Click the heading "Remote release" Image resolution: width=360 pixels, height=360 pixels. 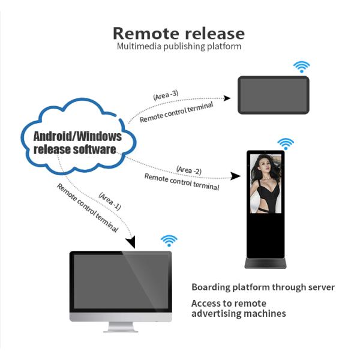(179, 32)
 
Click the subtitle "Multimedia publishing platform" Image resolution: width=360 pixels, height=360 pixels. (179, 46)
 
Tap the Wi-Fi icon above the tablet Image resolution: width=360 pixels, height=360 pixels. (301, 66)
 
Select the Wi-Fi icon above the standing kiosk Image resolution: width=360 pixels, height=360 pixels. (286, 143)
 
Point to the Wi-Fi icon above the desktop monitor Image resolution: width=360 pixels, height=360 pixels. (169, 241)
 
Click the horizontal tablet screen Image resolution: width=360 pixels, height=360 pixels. (274, 95)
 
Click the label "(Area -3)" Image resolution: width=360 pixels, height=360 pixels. (165, 95)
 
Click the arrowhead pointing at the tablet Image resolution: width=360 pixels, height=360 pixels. (227, 97)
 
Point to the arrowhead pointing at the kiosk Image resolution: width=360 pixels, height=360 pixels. (236, 177)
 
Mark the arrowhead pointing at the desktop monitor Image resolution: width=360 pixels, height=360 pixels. (131, 242)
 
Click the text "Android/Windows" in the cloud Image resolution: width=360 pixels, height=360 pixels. (77, 136)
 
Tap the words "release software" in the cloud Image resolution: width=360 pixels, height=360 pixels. (75, 149)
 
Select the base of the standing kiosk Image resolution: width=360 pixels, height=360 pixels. (265, 263)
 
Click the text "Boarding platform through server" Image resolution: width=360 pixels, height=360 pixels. (263, 287)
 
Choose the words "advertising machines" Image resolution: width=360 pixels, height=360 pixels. (238, 313)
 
